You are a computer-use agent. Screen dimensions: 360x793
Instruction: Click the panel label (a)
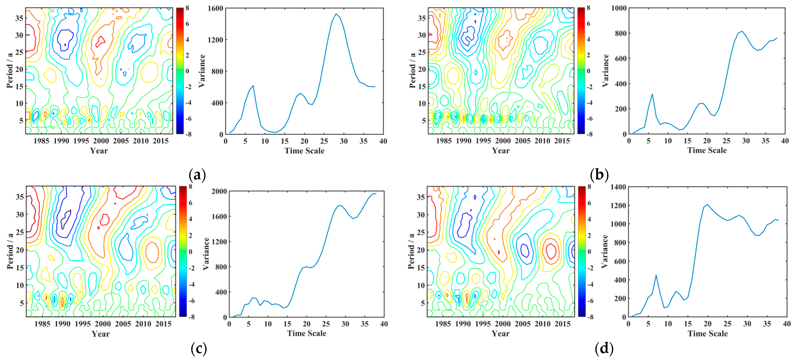(197, 175)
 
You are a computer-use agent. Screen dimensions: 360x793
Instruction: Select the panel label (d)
(604, 348)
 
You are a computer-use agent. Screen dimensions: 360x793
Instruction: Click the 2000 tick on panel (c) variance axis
(219, 191)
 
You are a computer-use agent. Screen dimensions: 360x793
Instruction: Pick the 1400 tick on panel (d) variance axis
(618, 187)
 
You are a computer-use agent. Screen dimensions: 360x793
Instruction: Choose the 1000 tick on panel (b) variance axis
(619, 8)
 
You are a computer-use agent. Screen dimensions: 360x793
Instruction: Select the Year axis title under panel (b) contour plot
(501, 151)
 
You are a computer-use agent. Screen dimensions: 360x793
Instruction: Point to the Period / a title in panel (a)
(10, 70)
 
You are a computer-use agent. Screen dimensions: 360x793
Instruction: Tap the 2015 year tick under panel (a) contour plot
(161, 141)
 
